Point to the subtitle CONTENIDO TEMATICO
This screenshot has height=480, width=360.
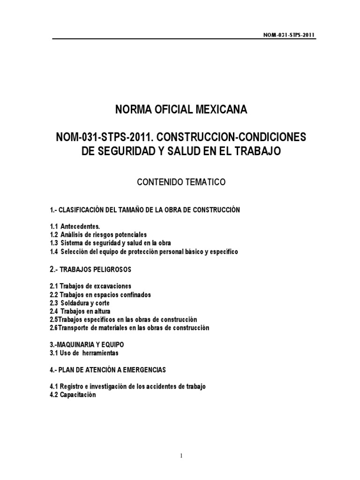(x=180, y=182)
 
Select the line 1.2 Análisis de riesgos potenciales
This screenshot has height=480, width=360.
(x=98, y=234)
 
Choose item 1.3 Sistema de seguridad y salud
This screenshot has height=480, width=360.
(x=110, y=243)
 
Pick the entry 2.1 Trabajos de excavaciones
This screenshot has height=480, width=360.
(x=90, y=286)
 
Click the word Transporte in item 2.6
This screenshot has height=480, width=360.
(x=75, y=328)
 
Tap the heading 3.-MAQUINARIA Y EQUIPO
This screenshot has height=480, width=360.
(x=86, y=345)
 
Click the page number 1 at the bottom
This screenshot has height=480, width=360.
(x=180, y=456)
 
